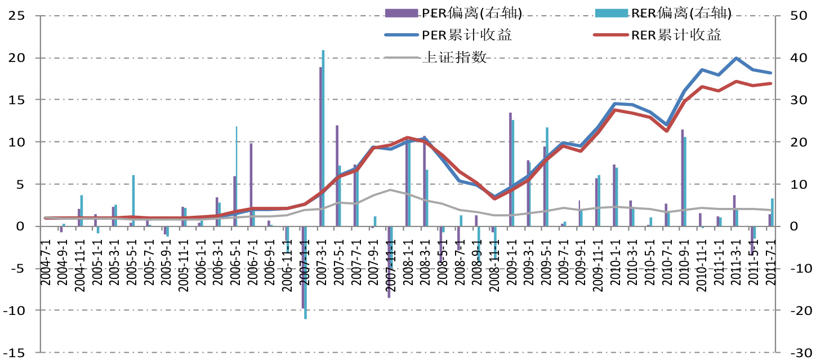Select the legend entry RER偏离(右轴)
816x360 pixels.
pos(658,12)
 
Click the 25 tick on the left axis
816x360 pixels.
pos(16,16)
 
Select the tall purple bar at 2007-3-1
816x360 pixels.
pos(320,146)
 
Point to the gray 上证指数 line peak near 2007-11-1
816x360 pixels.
pos(390,190)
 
